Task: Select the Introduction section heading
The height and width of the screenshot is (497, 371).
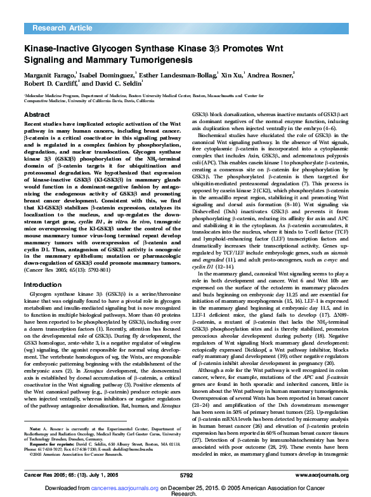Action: (42, 285)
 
